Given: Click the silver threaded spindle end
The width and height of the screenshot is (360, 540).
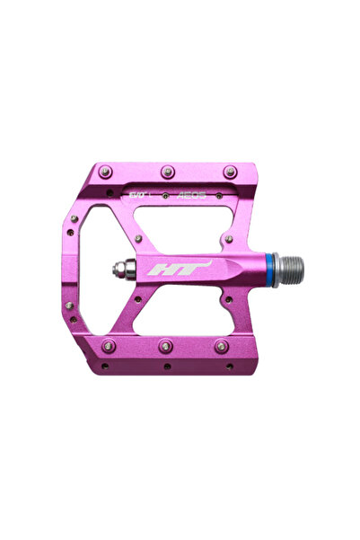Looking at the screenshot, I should (289, 266).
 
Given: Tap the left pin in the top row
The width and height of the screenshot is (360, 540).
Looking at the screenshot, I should (106, 171).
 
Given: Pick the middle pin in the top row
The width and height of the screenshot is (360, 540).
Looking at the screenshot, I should (167, 170).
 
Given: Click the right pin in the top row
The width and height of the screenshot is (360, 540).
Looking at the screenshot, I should (231, 171).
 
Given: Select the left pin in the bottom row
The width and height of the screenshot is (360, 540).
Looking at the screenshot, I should (109, 345).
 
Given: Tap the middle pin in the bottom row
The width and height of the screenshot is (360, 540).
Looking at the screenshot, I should (166, 345).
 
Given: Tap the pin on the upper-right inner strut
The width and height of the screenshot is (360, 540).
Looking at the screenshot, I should (229, 239).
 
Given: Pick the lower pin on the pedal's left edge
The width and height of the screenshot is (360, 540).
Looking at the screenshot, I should (70, 305).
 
